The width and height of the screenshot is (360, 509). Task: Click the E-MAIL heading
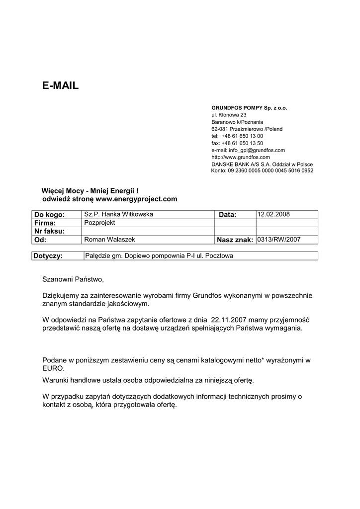[60, 85]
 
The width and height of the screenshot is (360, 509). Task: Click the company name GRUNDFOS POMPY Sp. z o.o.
[249, 107]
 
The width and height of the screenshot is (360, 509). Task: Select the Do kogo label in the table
[49, 215]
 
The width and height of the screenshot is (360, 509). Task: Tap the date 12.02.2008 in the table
[273, 214]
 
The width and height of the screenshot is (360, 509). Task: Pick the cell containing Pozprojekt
[99, 223]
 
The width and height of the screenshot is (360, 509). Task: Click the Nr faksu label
[49, 231]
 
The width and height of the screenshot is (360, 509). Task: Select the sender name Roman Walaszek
[109, 240]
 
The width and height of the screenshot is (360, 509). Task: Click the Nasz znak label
[235, 240]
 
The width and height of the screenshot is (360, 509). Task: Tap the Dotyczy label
[48, 256]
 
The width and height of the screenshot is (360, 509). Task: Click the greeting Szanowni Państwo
[73, 280]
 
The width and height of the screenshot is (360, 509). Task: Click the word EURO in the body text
[53, 369]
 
